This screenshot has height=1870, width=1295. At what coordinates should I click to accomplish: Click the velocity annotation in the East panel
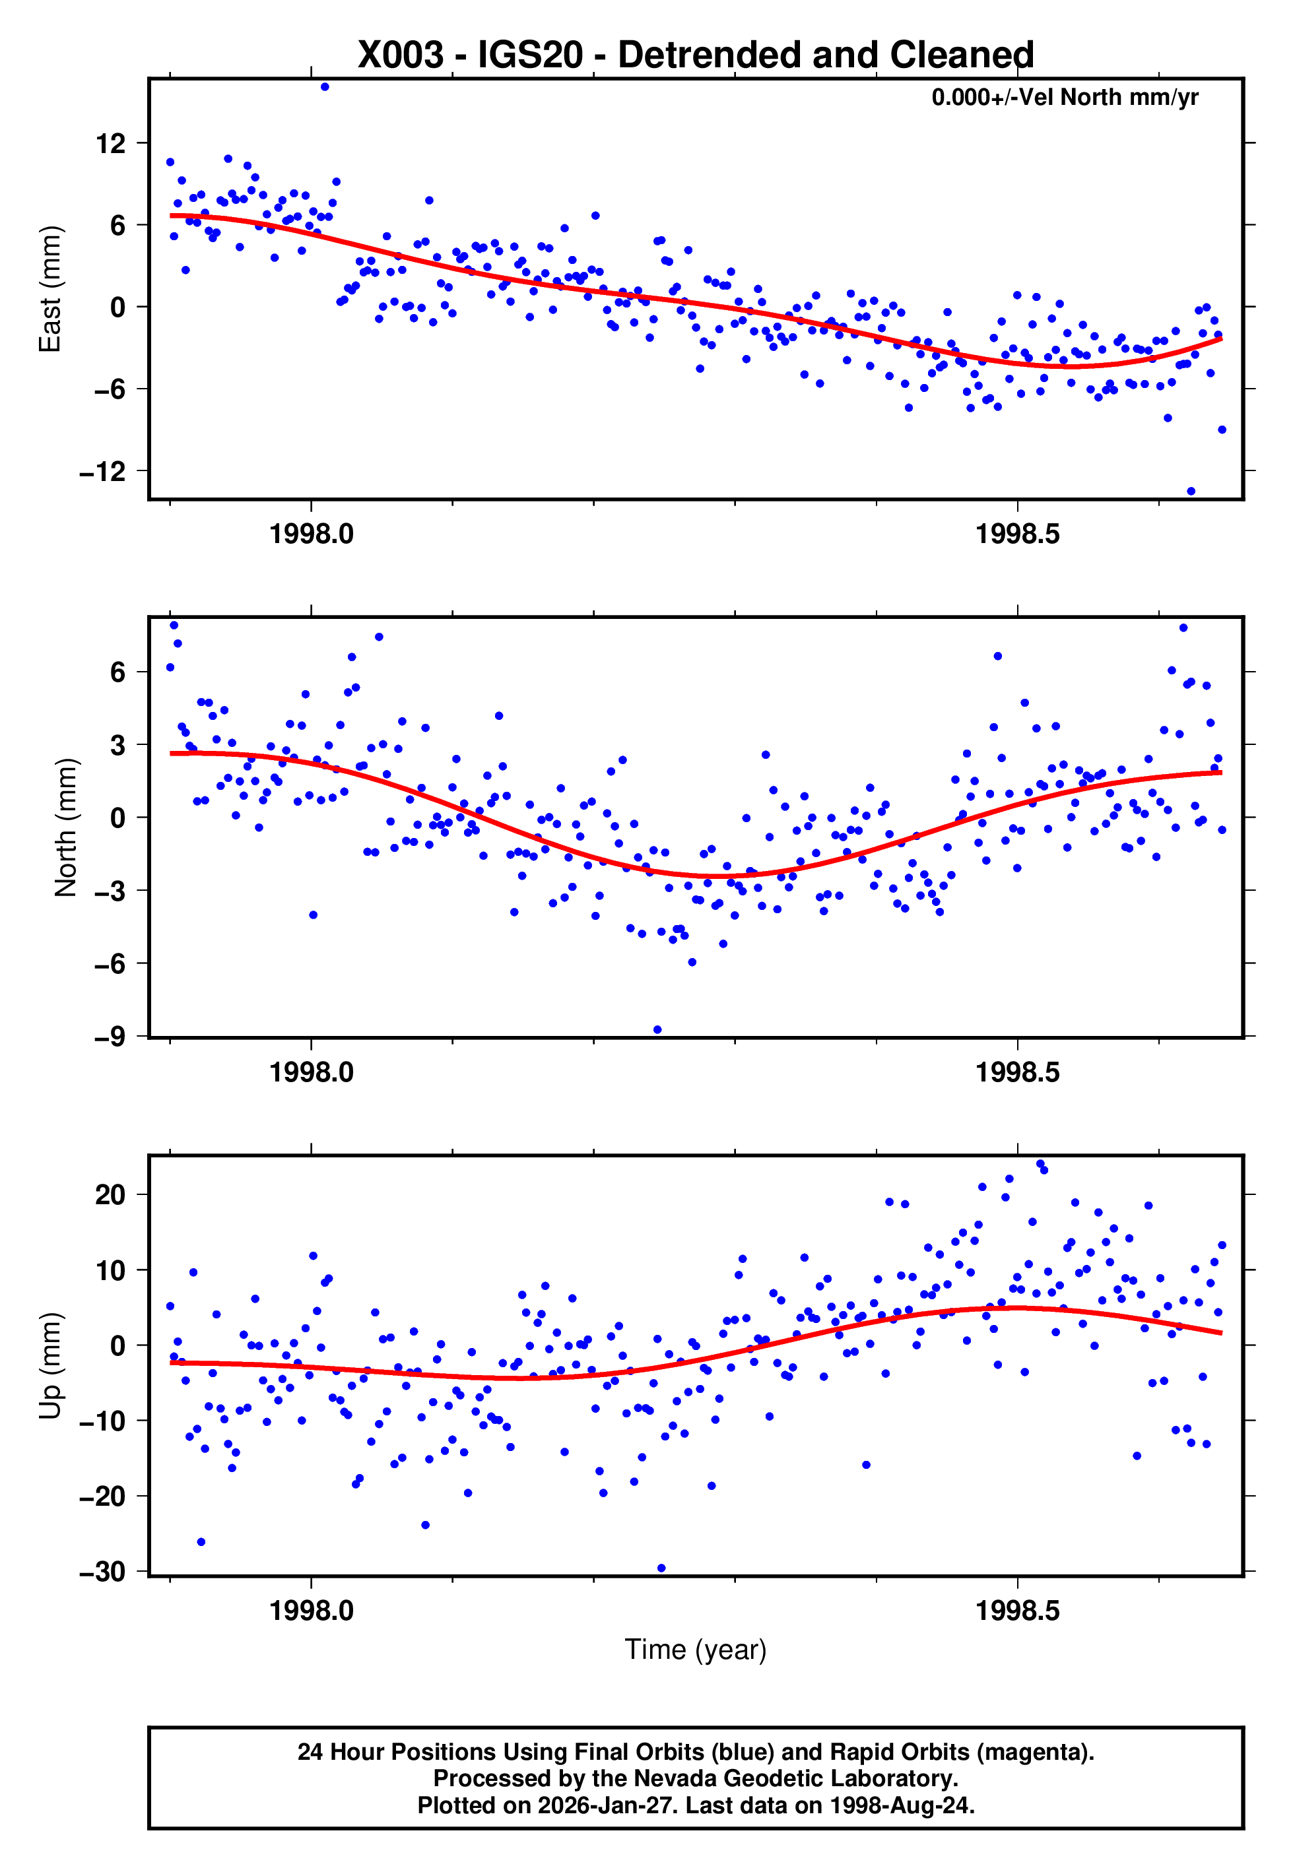(1064, 97)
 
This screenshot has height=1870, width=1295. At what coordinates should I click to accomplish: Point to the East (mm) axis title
(50, 289)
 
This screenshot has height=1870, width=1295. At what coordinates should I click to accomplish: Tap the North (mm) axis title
(65, 827)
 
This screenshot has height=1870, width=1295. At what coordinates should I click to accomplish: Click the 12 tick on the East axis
(111, 144)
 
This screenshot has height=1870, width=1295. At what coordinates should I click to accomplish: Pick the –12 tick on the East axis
(103, 471)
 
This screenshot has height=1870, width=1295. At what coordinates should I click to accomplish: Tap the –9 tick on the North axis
(110, 1037)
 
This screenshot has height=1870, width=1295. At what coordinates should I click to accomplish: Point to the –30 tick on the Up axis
(103, 1572)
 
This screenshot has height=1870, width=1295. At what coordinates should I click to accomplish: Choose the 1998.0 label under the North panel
(312, 1072)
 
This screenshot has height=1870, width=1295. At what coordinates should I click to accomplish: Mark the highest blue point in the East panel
(325, 86)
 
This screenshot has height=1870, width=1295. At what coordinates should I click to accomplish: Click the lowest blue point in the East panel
(1190, 491)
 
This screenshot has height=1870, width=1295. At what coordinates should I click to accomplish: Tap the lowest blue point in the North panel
(657, 1029)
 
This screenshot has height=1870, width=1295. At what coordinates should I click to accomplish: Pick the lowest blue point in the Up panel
(661, 1568)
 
